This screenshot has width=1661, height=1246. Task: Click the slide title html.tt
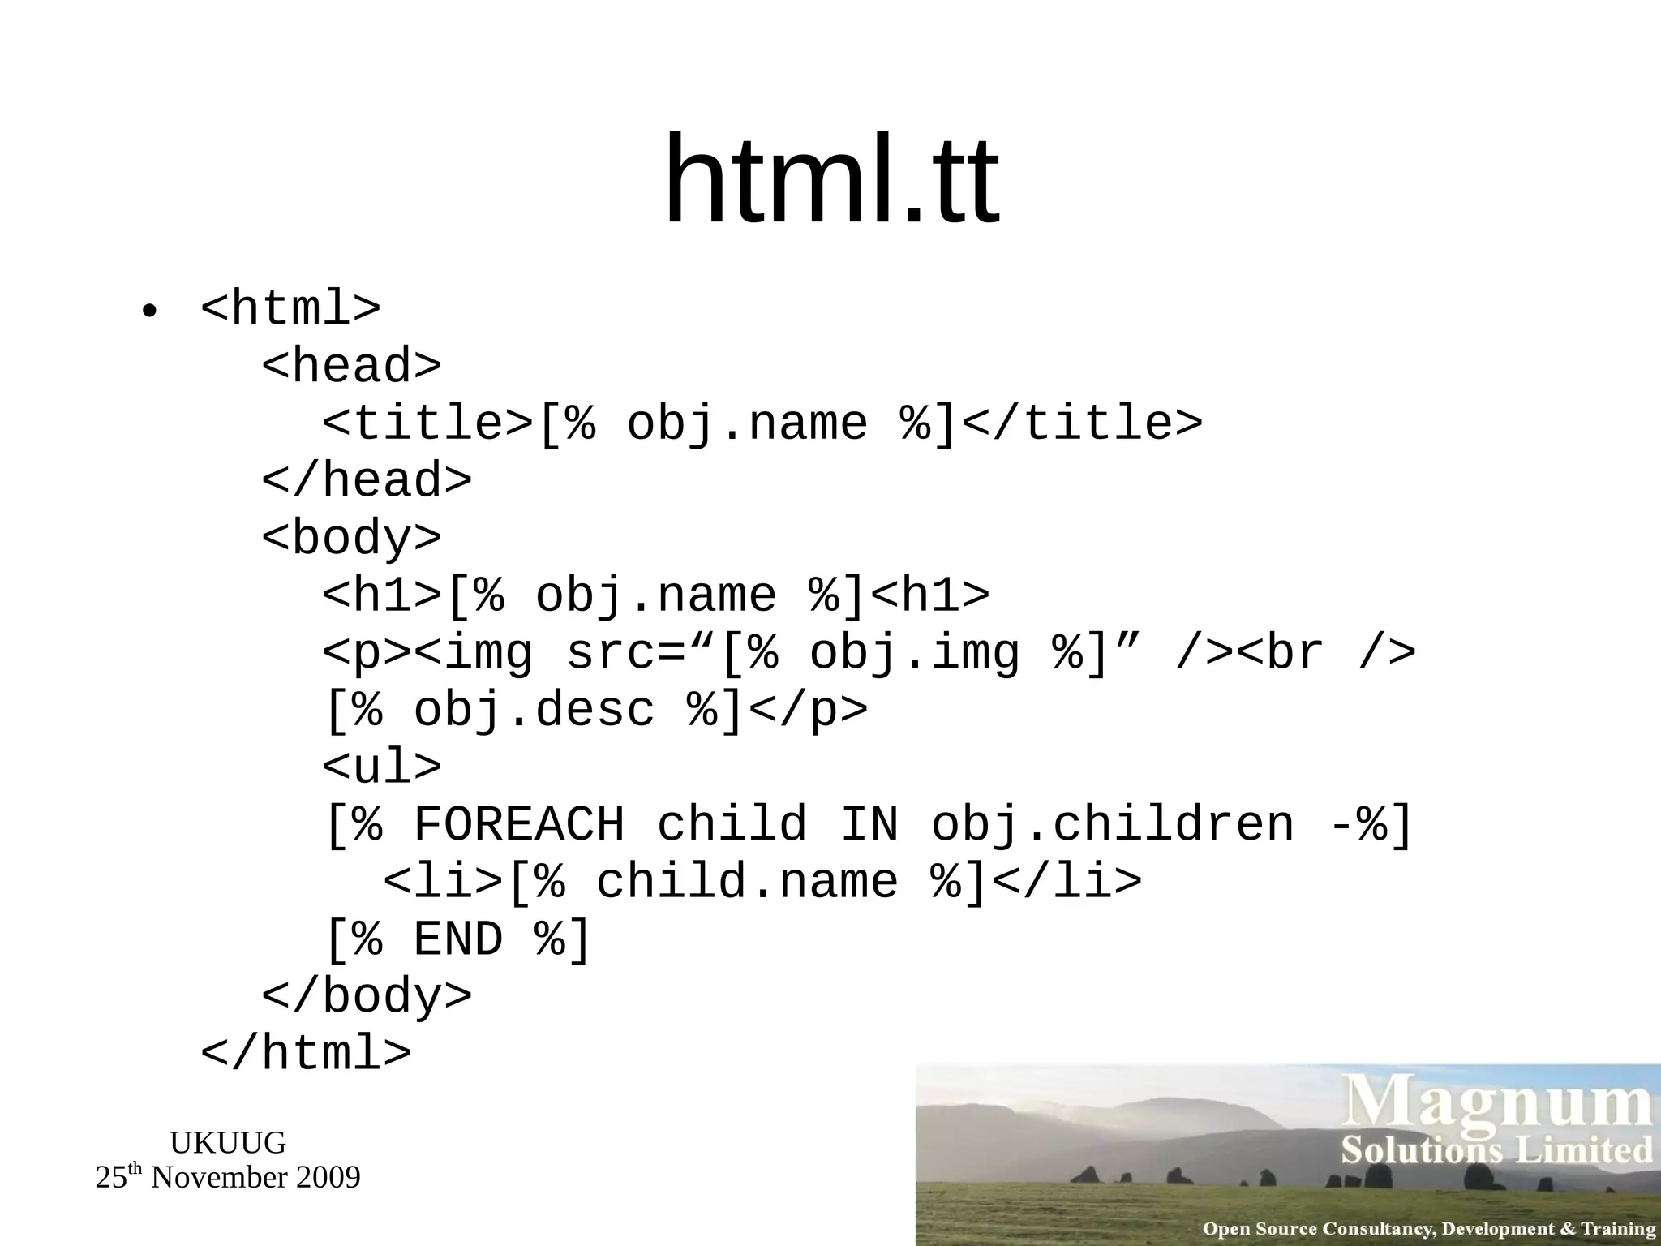(830, 180)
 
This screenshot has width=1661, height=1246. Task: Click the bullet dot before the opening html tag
(148, 311)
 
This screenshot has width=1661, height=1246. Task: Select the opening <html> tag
(290, 308)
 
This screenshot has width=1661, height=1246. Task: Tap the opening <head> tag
(351, 366)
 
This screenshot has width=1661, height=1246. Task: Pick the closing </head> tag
(366, 480)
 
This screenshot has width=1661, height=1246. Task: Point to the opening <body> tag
(351, 538)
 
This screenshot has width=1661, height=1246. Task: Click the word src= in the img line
(626, 653)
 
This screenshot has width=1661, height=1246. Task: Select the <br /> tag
(1326, 653)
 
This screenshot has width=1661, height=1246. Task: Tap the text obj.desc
(533, 710)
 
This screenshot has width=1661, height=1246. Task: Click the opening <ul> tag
(382, 767)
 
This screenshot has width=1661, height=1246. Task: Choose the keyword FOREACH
(519, 825)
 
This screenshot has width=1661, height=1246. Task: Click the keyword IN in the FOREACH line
(869, 825)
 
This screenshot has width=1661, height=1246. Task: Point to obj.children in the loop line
(1112, 825)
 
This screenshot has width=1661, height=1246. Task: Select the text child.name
(747, 883)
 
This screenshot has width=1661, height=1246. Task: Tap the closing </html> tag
(306, 1054)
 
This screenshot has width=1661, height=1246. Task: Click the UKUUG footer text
(228, 1143)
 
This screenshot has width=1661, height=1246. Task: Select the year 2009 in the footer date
(327, 1178)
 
